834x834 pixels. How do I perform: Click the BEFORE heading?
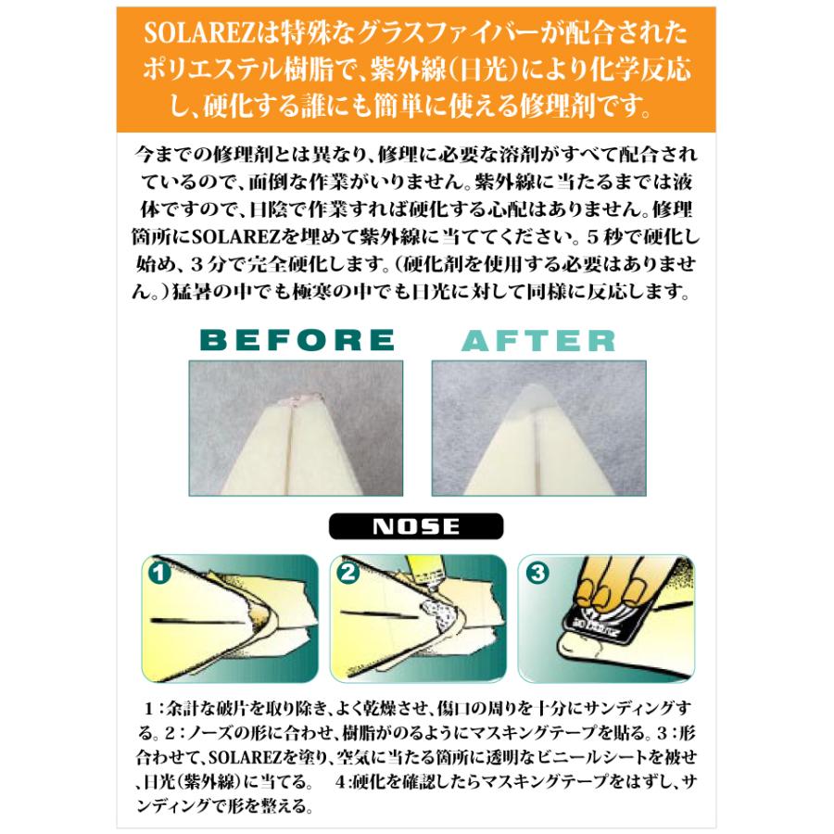click(x=297, y=340)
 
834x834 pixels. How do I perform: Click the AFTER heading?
click(x=538, y=340)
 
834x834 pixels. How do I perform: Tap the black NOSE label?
click(x=416, y=526)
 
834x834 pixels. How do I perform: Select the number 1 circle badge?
click(x=160, y=572)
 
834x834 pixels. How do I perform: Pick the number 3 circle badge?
click(x=537, y=573)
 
